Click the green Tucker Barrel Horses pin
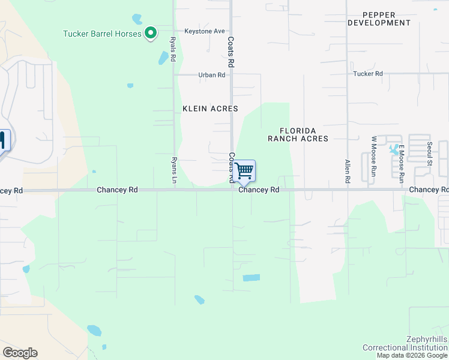151,33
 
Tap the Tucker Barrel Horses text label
102,34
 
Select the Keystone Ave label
204,31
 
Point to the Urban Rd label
212,75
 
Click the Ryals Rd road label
173,50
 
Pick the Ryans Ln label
174,170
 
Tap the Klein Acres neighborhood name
210,109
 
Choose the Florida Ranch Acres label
298,134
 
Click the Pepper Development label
379,19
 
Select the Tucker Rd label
368,74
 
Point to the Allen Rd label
347,171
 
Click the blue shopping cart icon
244,171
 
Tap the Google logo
20,353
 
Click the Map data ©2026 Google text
412,355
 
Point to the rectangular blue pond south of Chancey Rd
252,278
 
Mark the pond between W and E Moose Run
394,149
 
